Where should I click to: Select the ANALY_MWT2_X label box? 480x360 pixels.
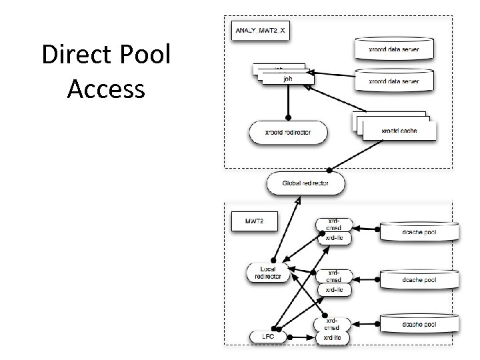[260, 31]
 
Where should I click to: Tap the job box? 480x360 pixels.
[287, 79]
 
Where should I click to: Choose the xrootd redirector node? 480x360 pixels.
[288, 132]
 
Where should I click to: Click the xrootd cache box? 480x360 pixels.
[398, 130]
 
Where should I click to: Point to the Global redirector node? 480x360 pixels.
[306, 183]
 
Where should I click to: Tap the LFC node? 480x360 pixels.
[267, 337]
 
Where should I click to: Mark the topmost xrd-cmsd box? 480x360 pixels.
[334, 225]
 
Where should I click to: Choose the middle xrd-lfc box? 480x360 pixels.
[334, 290]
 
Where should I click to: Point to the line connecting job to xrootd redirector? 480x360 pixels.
[287, 103]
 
